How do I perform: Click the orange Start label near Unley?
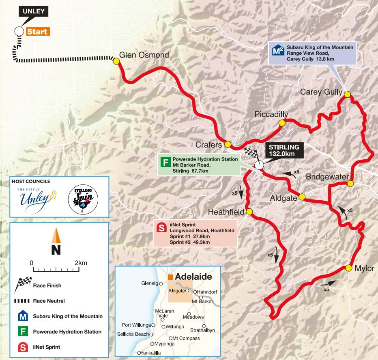point(37,32)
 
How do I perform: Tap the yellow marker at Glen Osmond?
point(116,61)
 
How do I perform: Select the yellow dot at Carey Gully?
point(347,94)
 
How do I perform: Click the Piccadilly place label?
point(271,115)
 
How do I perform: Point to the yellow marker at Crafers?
point(228,144)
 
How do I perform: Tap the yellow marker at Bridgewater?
point(350,184)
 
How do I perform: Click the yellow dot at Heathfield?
point(249,212)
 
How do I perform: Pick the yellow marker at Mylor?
point(348,268)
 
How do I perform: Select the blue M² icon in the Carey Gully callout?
point(277,50)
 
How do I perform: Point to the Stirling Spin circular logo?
point(83,199)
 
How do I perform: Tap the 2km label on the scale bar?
point(81,263)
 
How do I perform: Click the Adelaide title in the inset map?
point(193,276)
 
